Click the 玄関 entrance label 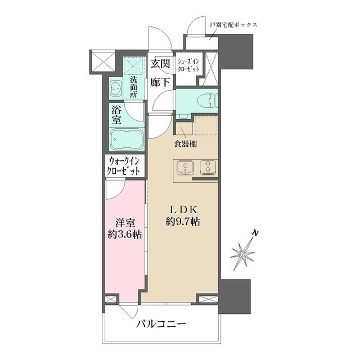point(160,64)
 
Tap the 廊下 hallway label point(160,82)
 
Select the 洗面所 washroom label point(133,88)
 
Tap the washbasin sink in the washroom point(117,88)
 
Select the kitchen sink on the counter point(185,168)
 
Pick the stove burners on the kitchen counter point(206,168)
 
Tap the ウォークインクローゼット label point(124,167)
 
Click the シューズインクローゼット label point(188,64)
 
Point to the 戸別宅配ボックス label point(233,25)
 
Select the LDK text point(182,209)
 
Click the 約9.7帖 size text point(182,222)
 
